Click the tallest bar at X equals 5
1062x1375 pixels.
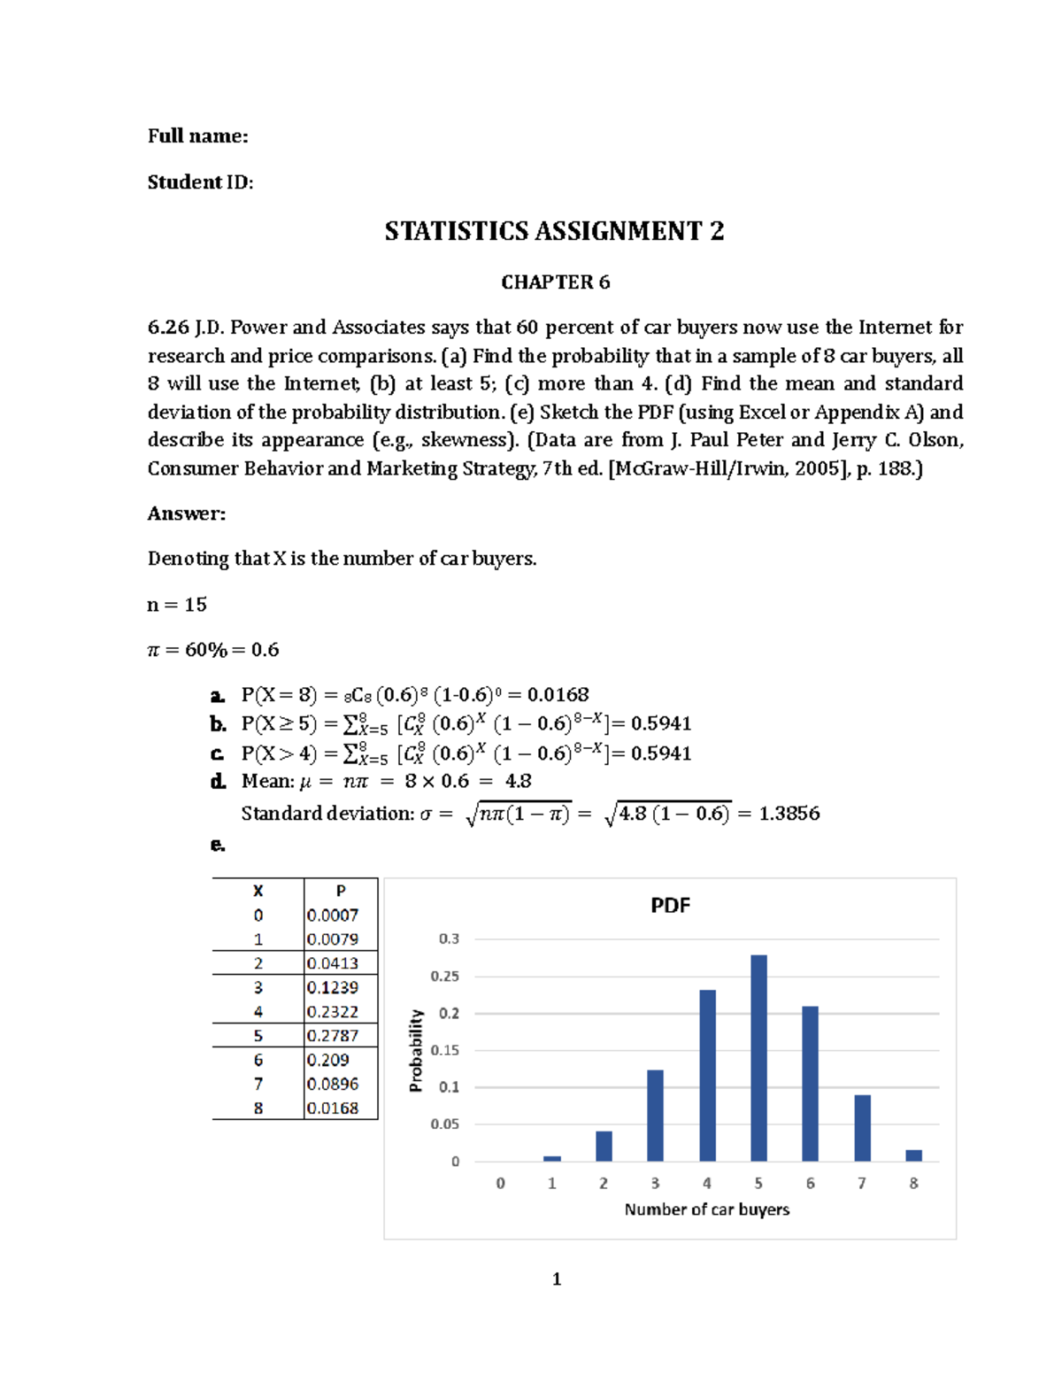coord(758,1058)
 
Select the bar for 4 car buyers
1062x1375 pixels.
coord(707,1076)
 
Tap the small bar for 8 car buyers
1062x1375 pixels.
coord(913,1155)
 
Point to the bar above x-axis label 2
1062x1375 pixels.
coord(604,1146)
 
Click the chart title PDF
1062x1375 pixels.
coord(670,906)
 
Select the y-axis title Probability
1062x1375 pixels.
coord(416,1051)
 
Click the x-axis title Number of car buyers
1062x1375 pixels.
coord(706,1209)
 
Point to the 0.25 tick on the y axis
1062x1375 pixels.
coord(445,977)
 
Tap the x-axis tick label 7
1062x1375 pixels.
coord(861,1184)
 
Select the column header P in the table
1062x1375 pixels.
coord(341,891)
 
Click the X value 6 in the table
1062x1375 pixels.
coord(258,1060)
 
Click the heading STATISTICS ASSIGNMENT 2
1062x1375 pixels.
coord(554,231)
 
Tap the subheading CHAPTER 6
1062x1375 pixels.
coord(555,282)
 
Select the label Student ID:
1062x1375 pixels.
coord(200,182)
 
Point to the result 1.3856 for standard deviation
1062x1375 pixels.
coord(789,814)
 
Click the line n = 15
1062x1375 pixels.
coord(176,605)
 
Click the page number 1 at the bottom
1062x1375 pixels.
coord(556,1278)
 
